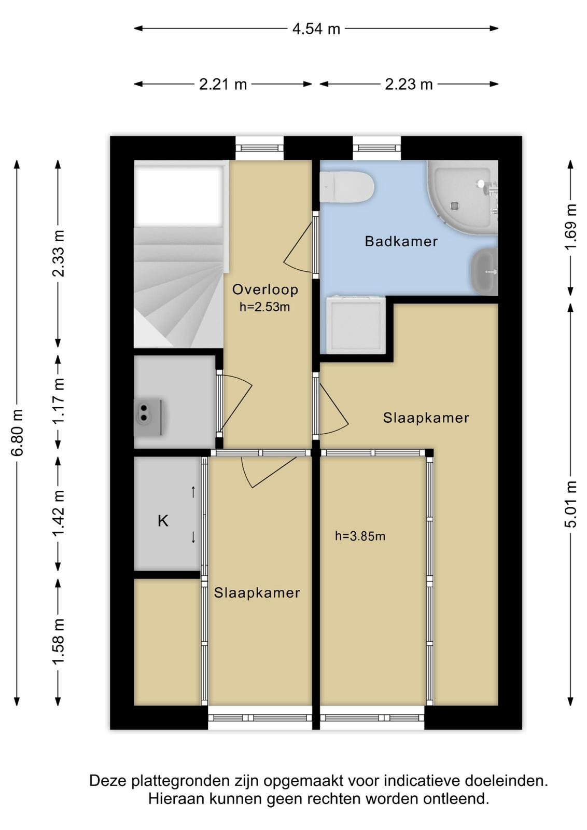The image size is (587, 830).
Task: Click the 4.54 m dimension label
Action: tap(316, 29)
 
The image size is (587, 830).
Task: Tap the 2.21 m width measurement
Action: tap(222, 85)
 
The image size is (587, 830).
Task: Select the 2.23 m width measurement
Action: tap(409, 85)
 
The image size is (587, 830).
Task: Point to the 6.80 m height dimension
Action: tap(18, 432)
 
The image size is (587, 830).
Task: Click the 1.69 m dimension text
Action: tap(571, 227)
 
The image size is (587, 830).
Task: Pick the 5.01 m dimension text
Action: tap(571, 504)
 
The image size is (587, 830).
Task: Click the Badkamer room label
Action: tap(401, 241)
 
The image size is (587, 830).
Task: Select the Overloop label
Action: tap(265, 289)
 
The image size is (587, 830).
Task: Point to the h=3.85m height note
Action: tap(360, 536)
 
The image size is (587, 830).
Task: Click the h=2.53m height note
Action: tap(264, 307)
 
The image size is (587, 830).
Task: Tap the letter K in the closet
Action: tap(163, 521)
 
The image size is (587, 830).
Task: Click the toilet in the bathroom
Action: tap(347, 187)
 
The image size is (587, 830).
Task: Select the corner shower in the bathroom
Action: tap(462, 197)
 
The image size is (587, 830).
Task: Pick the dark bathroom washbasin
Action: tap(484, 272)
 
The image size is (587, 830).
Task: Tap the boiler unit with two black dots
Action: tap(148, 418)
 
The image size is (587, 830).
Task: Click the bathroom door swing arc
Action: tap(297, 247)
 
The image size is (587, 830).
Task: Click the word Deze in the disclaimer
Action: tap(107, 781)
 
